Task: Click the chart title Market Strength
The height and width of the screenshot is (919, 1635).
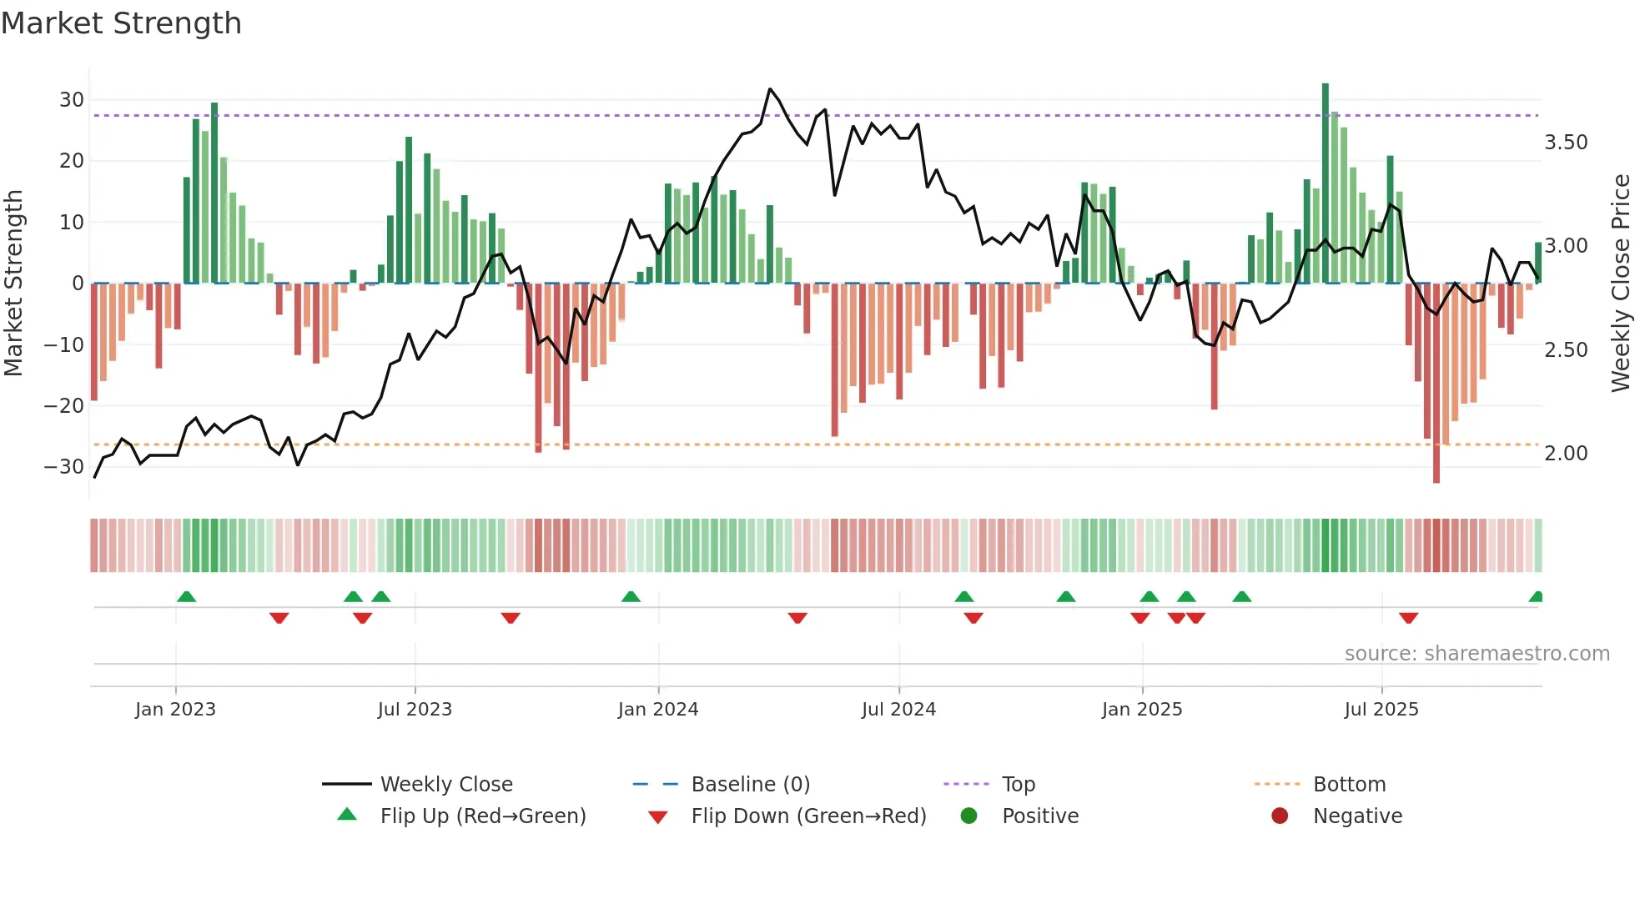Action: [x=122, y=23]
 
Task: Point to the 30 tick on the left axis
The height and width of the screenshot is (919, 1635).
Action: [x=72, y=100]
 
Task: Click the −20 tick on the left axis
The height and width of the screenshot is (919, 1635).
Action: [x=64, y=406]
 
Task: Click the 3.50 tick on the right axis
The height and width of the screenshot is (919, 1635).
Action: [x=1566, y=143]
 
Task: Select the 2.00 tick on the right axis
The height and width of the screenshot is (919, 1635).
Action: [x=1566, y=454]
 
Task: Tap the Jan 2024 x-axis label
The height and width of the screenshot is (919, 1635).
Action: [x=657, y=710]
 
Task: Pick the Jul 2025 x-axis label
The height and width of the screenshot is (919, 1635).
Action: [x=1381, y=710]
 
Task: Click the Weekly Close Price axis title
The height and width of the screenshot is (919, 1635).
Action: [x=1620, y=284]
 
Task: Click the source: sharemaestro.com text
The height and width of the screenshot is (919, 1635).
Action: [x=1477, y=654]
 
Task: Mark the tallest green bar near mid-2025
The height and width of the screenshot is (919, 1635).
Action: [x=1326, y=183]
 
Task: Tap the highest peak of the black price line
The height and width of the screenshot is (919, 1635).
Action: [x=770, y=89]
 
